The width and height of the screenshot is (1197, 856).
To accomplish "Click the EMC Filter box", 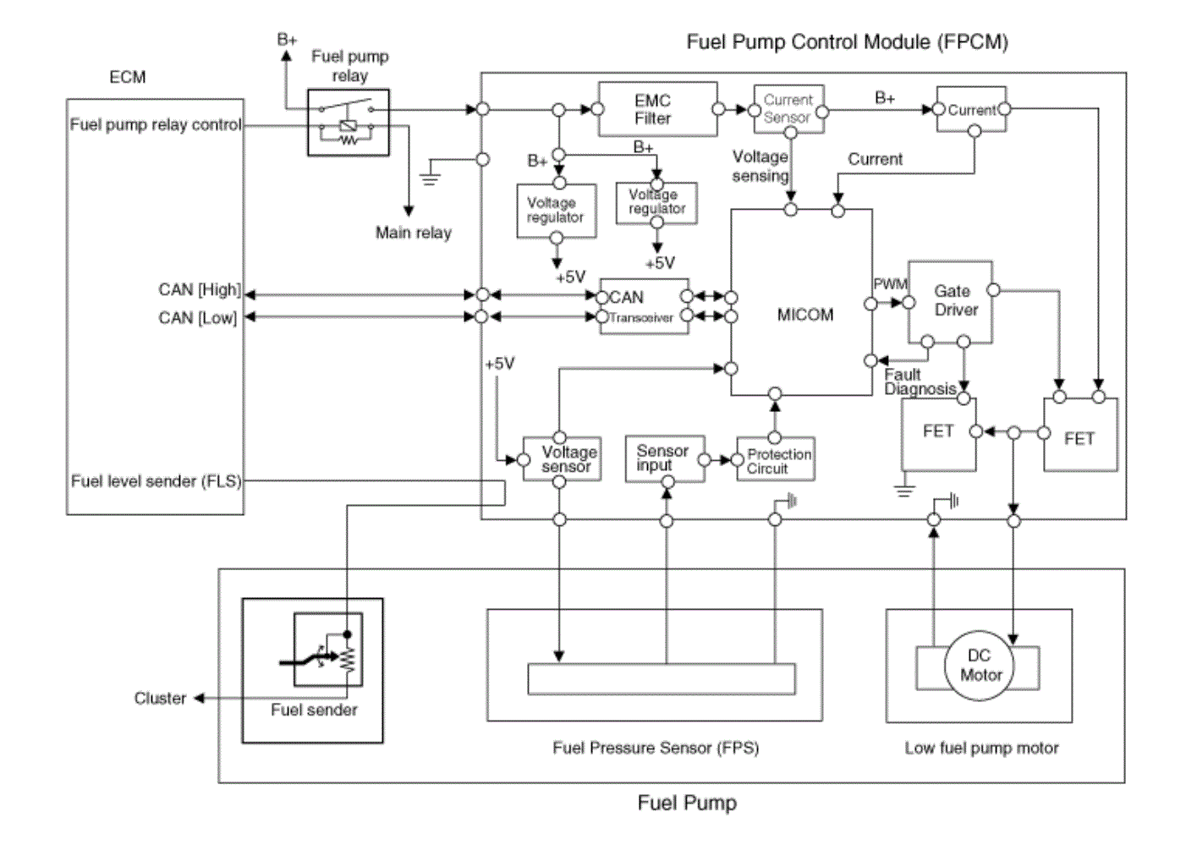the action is (658, 109).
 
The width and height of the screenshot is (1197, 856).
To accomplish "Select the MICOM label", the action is (805, 315).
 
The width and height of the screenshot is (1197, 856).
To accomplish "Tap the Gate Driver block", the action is (951, 302).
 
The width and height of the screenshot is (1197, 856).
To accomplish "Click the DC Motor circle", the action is (979, 666).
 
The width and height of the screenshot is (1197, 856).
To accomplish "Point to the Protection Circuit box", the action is (776, 459).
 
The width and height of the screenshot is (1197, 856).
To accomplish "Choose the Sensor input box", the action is (665, 458).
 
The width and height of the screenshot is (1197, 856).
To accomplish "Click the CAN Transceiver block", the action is (644, 306).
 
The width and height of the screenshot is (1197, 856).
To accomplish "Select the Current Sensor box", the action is (788, 109).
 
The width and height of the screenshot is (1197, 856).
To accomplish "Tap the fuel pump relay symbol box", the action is (349, 123).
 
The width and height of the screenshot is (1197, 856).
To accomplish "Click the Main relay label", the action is (414, 233).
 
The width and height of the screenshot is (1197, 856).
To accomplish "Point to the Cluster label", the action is (160, 699).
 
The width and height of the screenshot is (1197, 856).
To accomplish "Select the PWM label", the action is (890, 283).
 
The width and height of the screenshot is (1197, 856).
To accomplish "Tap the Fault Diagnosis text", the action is (920, 381).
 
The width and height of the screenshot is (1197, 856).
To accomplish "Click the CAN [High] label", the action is (200, 289).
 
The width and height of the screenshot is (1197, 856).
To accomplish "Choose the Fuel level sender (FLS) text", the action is (156, 481).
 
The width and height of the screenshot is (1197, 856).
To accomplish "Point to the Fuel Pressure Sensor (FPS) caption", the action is (656, 748).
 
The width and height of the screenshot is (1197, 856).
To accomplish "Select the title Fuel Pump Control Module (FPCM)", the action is (847, 42).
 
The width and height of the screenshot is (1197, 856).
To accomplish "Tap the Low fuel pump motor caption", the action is (981, 748).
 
